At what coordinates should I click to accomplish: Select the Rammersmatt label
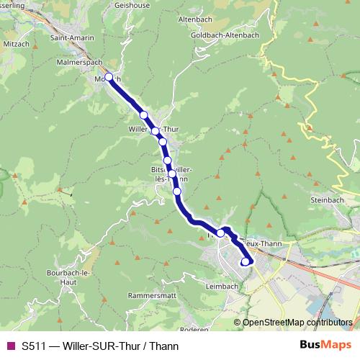tap(150, 296)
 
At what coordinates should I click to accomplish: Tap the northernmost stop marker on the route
tap(109, 77)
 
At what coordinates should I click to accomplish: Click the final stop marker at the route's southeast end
tap(245, 261)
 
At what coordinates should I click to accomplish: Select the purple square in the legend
tap(10, 346)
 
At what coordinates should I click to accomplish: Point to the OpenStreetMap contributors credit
tap(297, 323)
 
